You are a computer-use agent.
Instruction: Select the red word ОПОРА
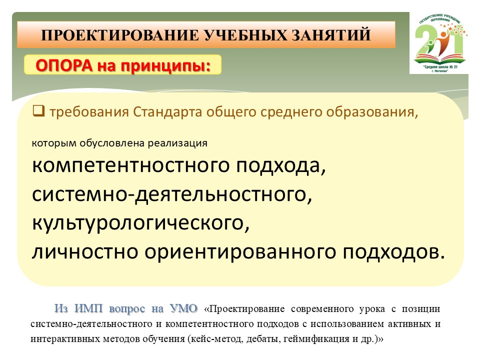[64, 65]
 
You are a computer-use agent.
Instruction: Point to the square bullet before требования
[38, 111]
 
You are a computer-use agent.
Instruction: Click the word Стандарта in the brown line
[167, 112]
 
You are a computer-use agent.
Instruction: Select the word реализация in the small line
[177, 143]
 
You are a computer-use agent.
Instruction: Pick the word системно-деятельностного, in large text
[172, 194]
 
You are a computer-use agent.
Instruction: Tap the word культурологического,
[141, 223]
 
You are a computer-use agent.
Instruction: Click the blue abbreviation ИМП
[88, 308]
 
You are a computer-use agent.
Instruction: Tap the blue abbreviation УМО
[183, 308]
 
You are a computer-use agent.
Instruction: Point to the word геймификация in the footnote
[316, 339]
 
